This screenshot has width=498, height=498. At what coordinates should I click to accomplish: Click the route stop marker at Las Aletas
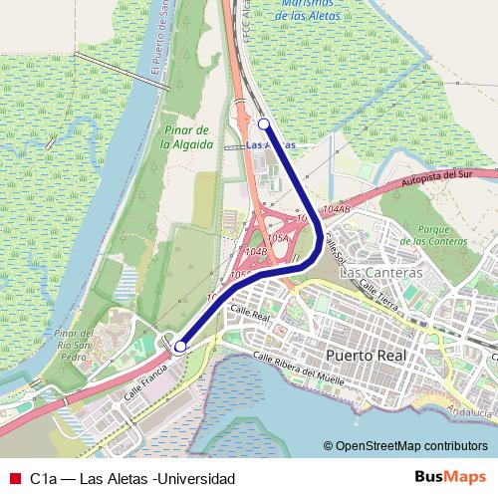click(264, 124)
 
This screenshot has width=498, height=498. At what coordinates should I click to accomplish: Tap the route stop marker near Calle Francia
click(180, 347)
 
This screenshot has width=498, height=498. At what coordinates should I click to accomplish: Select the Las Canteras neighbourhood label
click(381, 272)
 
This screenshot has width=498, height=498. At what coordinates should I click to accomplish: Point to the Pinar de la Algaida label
click(187, 136)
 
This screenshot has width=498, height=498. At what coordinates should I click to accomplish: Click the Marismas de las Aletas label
click(309, 10)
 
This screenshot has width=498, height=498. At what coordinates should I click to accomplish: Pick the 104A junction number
click(337, 209)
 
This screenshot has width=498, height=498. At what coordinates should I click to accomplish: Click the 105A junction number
click(277, 239)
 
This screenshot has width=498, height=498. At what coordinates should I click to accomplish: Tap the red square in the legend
click(14, 478)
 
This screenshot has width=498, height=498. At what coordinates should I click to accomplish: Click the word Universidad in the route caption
click(194, 478)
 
